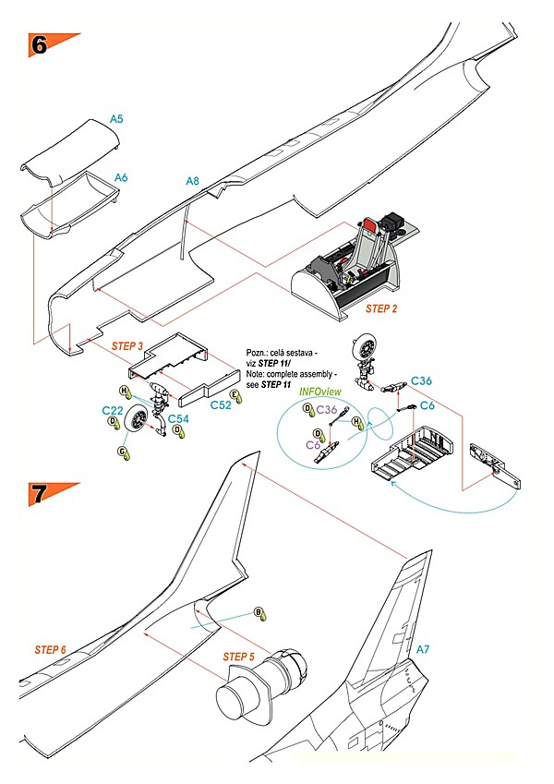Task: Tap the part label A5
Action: (x=117, y=118)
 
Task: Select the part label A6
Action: (x=121, y=176)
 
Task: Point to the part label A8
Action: (x=192, y=181)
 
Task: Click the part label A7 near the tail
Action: (x=423, y=650)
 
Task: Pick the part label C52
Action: (x=220, y=404)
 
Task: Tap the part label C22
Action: (x=112, y=410)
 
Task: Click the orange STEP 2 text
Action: (x=373, y=308)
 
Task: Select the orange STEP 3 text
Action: (x=126, y=345)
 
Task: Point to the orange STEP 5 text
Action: (x=239, y=656)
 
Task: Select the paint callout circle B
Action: (x=259, y=612)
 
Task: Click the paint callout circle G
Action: (x=121, y=452)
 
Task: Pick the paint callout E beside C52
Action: (x=235, y=395)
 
